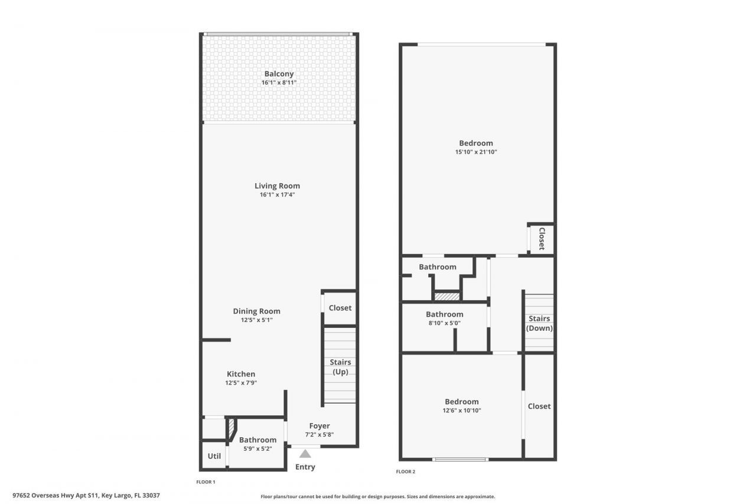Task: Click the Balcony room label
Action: pyautogui.click(x=279, y=74)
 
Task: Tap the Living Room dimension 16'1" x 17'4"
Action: pyautogui.click(x=277, y=194)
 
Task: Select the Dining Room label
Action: pyautogui.click(x=256, y=311)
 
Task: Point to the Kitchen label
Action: pyautogui.click(x=241, y=374)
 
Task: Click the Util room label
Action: pyautogui.click(x=214, y=456)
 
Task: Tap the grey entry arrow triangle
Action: pyautogui.click(x=305, y=454)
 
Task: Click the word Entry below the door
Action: pyautogui.click(x=305, y=467)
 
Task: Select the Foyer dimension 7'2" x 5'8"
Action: pyautogui.click(x=319, y=434)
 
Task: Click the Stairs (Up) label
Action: pyautogui.click(x=340, y=367)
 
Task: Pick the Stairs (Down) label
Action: pyautogui.click(x=539, y=323)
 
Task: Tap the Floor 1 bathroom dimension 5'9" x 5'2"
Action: pyautogui.click(x=258, y=448)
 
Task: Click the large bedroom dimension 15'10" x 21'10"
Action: pyautogui.click(x=476, y=152)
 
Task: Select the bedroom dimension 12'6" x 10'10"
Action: pyautogui.click(x=461, y=410)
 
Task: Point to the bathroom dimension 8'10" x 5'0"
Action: pyautogui.click(x=444, y=323)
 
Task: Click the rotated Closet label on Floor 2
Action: pyautogui.click(x=541, y=239)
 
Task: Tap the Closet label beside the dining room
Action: pyautogui.click(x=340, y=308)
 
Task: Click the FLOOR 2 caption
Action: pyautogui.click(x=406, y=472)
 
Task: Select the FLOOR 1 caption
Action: pyautogui.click(x=206, y=482)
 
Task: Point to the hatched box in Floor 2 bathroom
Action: pyautogui.click(x=447, y=296)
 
